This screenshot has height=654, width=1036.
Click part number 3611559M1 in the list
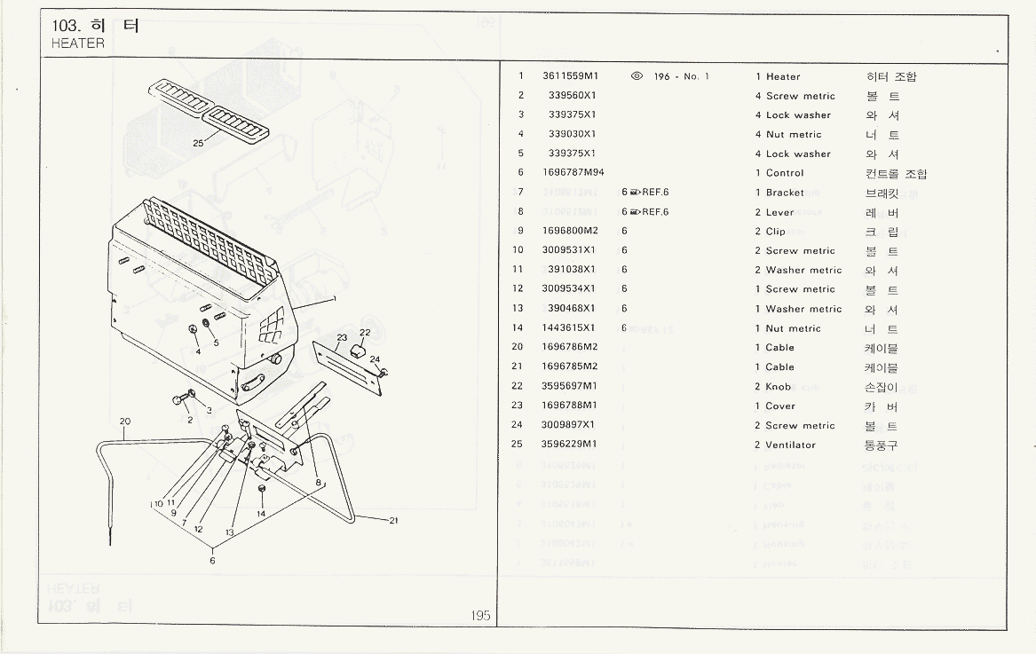570,76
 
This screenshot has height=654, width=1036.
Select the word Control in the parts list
785,173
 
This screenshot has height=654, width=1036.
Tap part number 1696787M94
573,173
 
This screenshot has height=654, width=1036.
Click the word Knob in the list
779,387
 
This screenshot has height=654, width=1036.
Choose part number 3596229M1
570,445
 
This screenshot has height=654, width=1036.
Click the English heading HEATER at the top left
78,43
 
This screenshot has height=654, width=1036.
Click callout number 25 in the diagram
198,142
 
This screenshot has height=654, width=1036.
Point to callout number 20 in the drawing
125,421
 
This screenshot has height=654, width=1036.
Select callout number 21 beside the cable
392,521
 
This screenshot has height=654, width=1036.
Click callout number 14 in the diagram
261,513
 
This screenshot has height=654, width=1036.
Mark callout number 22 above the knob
365,332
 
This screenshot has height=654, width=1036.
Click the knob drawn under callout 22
360,349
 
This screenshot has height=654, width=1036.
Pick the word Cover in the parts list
780,406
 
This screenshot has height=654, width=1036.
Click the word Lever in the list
780,212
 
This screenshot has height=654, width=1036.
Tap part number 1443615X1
570,328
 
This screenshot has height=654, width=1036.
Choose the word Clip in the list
776,232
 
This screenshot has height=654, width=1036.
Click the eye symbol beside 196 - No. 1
637,76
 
